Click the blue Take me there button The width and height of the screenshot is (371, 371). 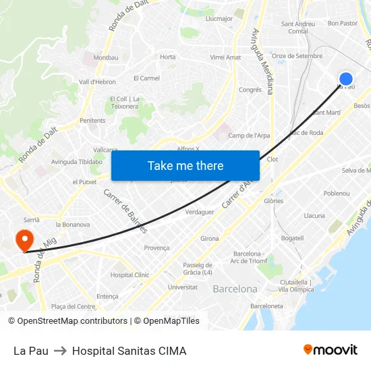pyautogui.click(x=185, y=166)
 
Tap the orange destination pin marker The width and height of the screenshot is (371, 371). pyautogui.click(x=24, y=239)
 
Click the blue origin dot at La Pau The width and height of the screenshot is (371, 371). pyautogui.click(x=345, y=79)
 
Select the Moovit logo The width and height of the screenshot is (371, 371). pyautogui.click(x=330, y=349)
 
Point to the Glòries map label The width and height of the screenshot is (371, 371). pyautogui.click(x=274, y=201)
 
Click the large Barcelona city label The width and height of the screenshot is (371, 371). pyautogui.click(x=235, y=289)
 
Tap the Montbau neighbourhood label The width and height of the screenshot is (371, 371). pyautogui.click(x=105, y=58)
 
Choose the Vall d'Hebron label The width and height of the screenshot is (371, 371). pyautogui.click(x=98, y=82)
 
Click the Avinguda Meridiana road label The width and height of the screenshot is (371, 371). pyautogui.click(x=261, y=61)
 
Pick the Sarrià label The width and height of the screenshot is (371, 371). pyautogui.click(x=32, y=220)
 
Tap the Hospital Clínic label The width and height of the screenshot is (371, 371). pyautogui.click(x=130, y=275)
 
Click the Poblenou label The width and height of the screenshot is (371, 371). pyautogui.click(x=337, y=193)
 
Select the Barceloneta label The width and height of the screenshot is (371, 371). pyautogui.click(x=266, y=306)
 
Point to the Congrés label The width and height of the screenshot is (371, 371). pyautogui.click(x=250, y=90)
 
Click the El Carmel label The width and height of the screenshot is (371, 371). pyautogui.click(x=146, y=78)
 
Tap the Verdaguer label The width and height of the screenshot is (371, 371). pyautogui.click(x=199, y=211)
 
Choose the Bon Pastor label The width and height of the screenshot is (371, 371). pyautogui.click(x=342, y=23)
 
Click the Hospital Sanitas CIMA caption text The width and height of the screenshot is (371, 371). pyautogui.click(x=129, y=351)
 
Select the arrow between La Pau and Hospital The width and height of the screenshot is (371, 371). pyautogui.click(x=60, y=351)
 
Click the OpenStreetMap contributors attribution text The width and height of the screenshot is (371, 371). pyautogui.click(x=72, y=321)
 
